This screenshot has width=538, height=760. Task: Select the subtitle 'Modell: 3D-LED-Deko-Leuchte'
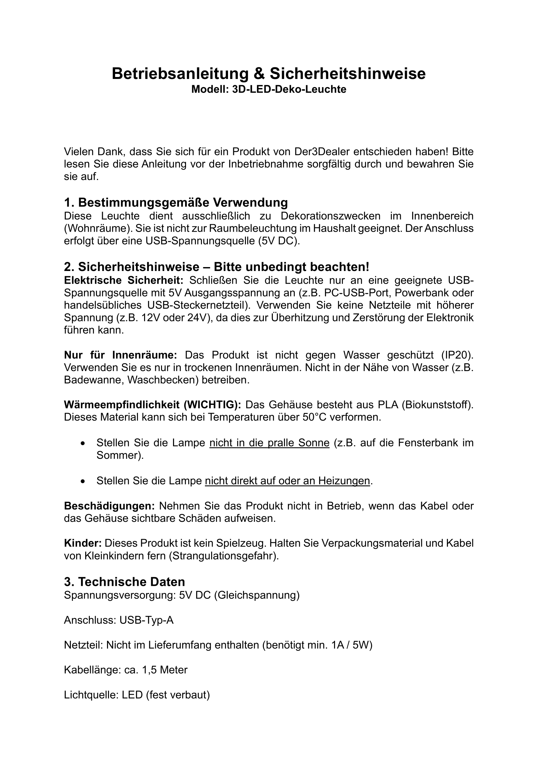tap(269, 89)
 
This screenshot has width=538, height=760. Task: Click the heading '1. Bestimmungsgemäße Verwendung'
tap(176, 202)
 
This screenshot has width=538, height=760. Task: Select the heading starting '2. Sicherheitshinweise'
tap(216, 266)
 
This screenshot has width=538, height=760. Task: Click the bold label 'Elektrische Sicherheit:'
tap(124, 280)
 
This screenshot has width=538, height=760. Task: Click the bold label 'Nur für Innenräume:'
tap(121, 355)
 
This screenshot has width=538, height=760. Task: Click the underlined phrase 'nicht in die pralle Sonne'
tap(269, 443)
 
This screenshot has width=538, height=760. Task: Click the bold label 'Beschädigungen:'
tap(109, 506)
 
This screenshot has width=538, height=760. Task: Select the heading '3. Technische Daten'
tap(125, 582)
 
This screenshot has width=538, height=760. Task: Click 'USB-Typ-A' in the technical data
tap(146, 620)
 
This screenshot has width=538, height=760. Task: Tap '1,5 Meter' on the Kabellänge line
tap(165, 670)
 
